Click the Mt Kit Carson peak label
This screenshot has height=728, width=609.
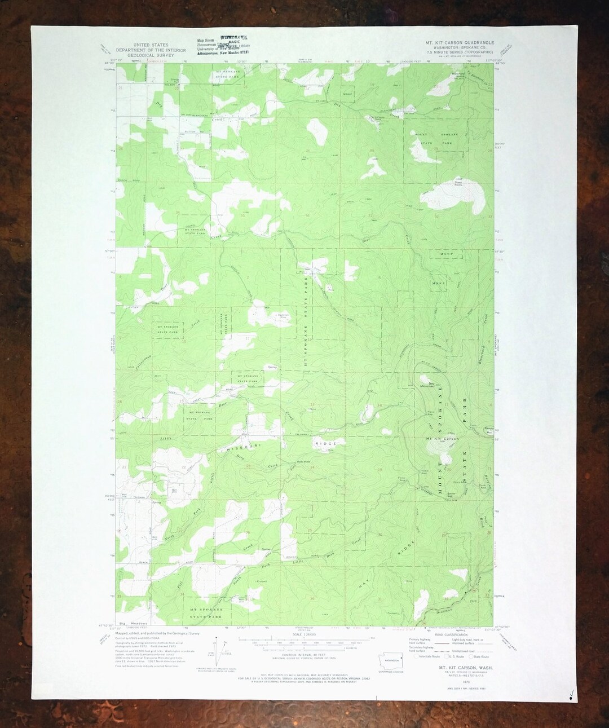click(442, 438)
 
